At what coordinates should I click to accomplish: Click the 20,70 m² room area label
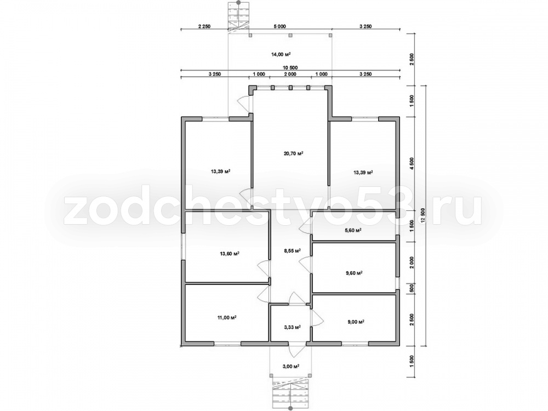click(x=293, y=153)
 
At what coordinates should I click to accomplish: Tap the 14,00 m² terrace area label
click(x=281, y=54)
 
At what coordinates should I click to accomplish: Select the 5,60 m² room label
click(x=352, y=230)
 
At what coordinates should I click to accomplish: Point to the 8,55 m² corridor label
click(x=292, y=250)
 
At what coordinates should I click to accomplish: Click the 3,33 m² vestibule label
click(x=292, y=327)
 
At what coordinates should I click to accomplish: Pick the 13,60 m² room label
click(x=230, y=254)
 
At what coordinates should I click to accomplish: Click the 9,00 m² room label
click(x=356, y=322)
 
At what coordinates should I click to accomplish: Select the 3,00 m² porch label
click(x=292, y=366)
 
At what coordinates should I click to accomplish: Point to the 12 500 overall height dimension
click(x=424, y=215)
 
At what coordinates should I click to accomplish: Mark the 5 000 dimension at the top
click(x=279, y=26)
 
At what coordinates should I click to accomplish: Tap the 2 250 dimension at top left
click(x=204, y=26)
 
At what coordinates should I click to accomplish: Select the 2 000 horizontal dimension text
click(x=290, y=74)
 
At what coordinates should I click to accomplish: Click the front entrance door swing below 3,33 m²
click(x=293, y=350)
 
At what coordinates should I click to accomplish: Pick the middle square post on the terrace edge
click(x=290, y=35)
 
